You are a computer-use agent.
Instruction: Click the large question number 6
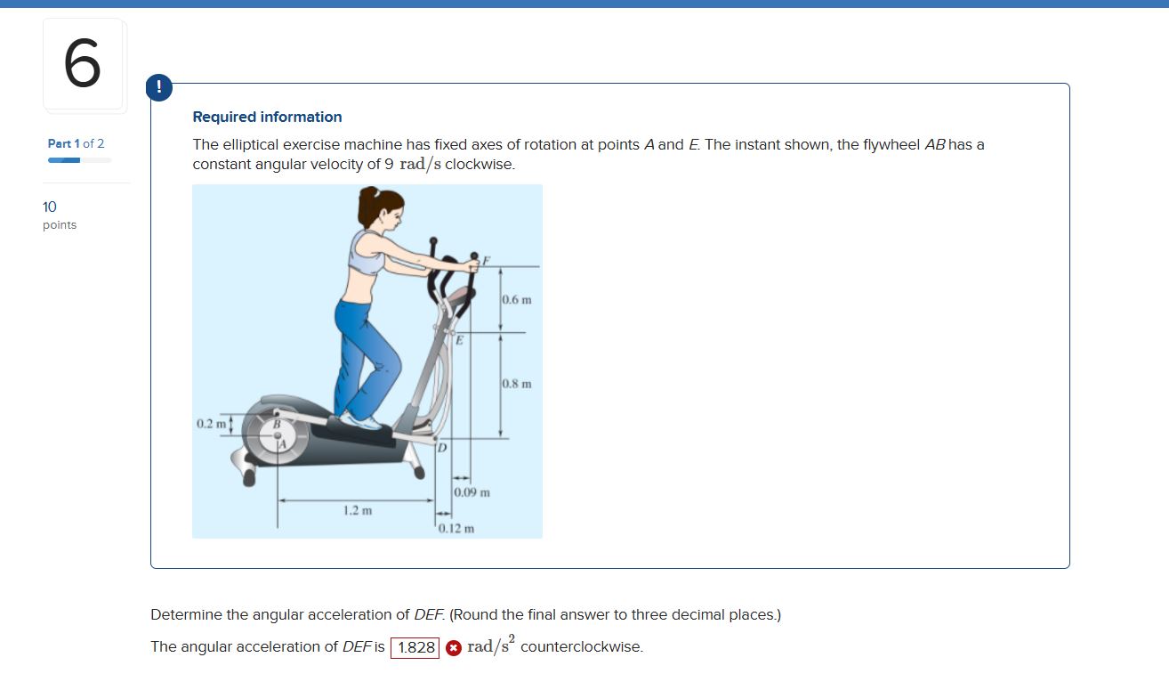click(83, 64)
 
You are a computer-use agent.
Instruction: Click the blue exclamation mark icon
click(158, 87)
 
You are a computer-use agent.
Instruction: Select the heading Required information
click(267, 117)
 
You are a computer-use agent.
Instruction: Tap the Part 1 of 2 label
click(76, 143)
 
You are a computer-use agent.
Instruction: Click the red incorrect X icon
click(453, 648)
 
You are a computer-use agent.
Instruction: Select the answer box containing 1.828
click(415, 647)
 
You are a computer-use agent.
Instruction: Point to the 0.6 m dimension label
click(517, 299)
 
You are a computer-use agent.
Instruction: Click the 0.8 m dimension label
click(517, 384)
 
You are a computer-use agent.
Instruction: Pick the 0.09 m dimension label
click(472, 492)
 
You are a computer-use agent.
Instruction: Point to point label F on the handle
click(486, 261)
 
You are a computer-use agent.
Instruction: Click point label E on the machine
click(460, 340)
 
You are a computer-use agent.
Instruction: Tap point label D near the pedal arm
click(441, 447)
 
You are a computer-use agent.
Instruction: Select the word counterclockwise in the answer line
click(581, 646)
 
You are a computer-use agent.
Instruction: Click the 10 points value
click(59, 215)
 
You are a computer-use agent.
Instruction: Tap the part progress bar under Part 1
click(79, 160)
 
